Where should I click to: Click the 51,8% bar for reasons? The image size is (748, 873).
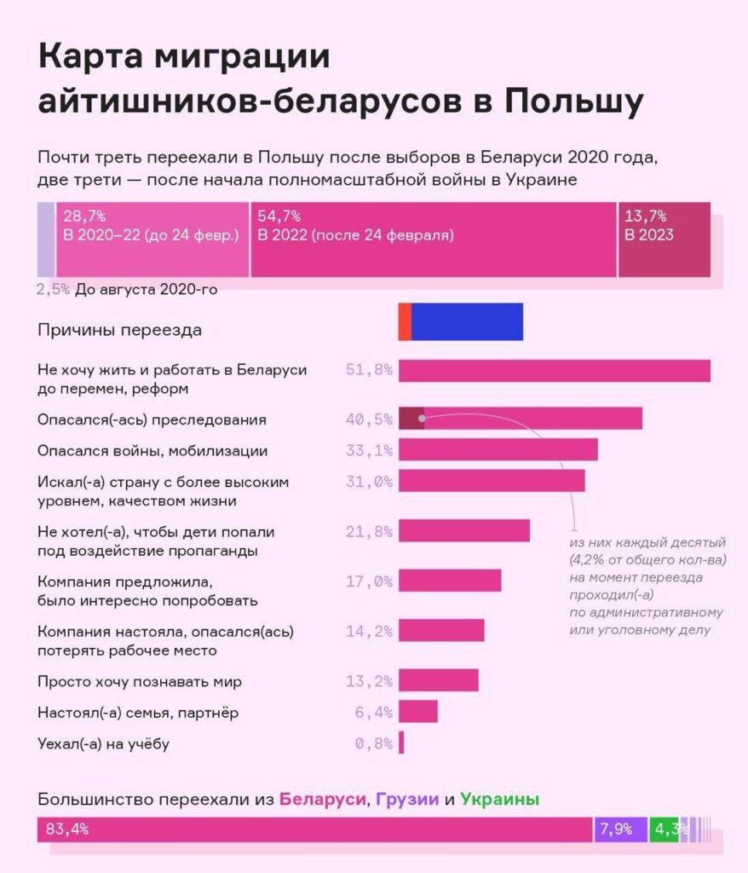[x=554, y=371]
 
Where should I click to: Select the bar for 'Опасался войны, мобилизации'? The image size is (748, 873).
[x=498, y=449]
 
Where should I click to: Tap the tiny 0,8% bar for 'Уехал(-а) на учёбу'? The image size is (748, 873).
[x=401, y=743]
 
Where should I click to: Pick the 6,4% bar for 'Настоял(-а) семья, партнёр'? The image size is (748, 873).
[x=417, y=711]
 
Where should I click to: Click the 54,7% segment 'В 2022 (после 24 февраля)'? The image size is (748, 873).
[x=433, y=240]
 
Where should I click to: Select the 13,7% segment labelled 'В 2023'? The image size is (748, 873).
[x=664, y=240]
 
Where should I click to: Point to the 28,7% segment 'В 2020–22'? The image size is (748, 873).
[x=152, y=240]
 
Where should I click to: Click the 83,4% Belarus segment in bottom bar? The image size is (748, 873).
[x=314, y=829]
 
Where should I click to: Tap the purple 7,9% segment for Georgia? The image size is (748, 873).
[x=620, y=829]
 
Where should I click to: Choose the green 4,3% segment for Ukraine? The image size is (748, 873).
[x=664, y=829]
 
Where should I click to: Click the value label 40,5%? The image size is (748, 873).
[x=370, y=419]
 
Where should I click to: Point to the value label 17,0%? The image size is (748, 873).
[x=370, y=581]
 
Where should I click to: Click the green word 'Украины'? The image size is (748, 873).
[x=499, y=800]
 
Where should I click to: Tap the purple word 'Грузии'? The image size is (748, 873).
[x=407, y=800]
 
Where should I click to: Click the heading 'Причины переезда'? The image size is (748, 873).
[x=120, y=330]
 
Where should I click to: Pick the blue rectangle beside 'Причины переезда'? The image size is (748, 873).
[x=467, y=322]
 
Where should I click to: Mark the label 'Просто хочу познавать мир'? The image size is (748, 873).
[x=141, y=681]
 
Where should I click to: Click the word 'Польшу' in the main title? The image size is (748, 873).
[x=574, y=102]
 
